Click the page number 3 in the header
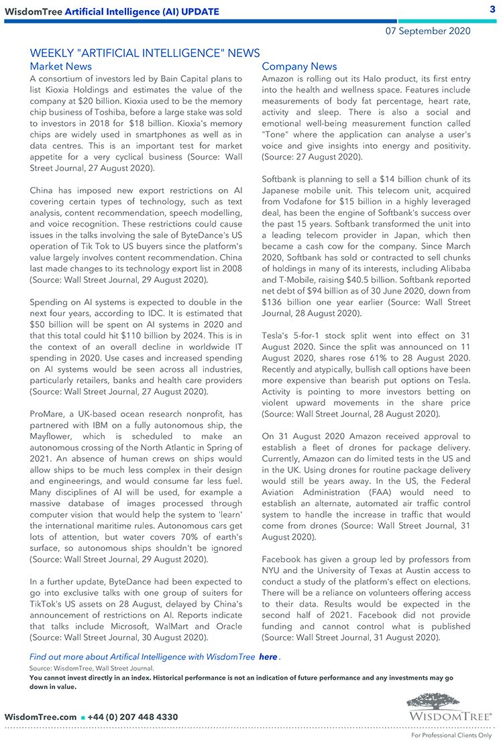pyautogui.click(x=492, y=9)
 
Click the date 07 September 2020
pyautogui.click(x=427, y=31)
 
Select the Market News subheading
pyautogui.click(x=61, y=66)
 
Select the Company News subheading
pyautogui.click(x=299, y=66)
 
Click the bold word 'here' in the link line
pyautogui.click(x=268, y=657)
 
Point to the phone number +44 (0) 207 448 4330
pyautogui.click(x=133, y=717)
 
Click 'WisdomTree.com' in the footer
pyautogui.click(x=40, y=717)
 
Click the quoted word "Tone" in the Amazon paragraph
pyautogui.click(x=276, y=135)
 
